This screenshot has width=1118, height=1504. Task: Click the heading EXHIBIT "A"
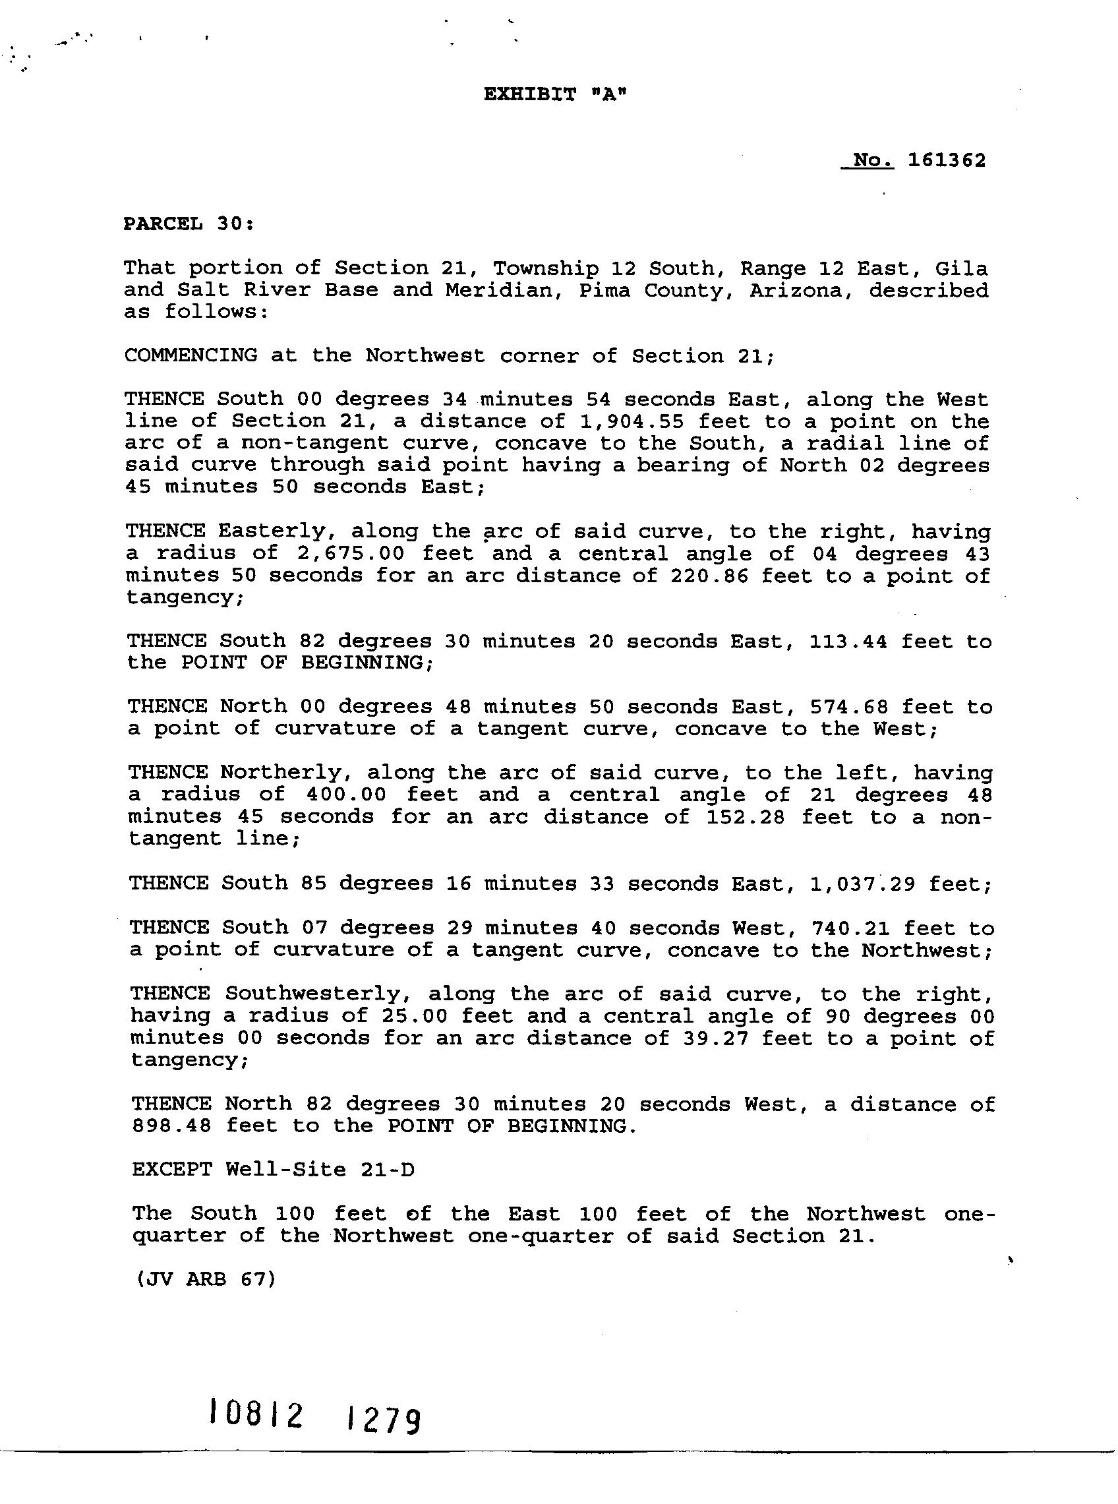pyautogui.click(x=555, y=95)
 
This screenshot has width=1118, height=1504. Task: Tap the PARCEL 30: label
pyautogui.click(x=189, y=224)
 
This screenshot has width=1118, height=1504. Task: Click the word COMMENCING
pyautogui.click(x=191, y=356)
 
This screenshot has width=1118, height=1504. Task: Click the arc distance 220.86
pyautogui.click(x=709, y=576)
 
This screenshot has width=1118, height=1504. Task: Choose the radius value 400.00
pyautogui.click(x=346, y=795)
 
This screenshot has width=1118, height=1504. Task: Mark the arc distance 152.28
pyautogui.click(x=745, y=817)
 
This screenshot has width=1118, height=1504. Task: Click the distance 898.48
pyautogui.click(x=171, y=1126)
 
